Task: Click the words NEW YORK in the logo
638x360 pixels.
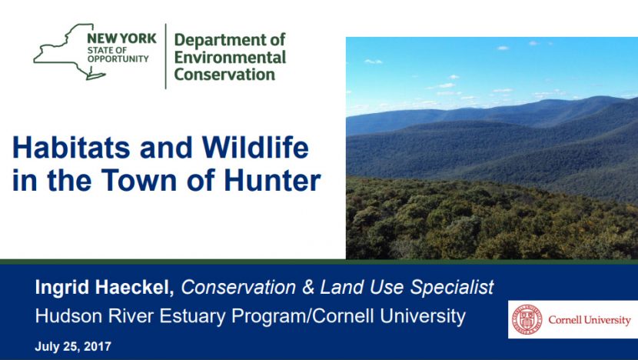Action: pos(122,38)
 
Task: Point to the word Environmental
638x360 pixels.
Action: pos(230,58)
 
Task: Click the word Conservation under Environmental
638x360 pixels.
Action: pos(224,75)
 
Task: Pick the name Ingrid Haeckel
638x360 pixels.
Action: pos(105,288)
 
